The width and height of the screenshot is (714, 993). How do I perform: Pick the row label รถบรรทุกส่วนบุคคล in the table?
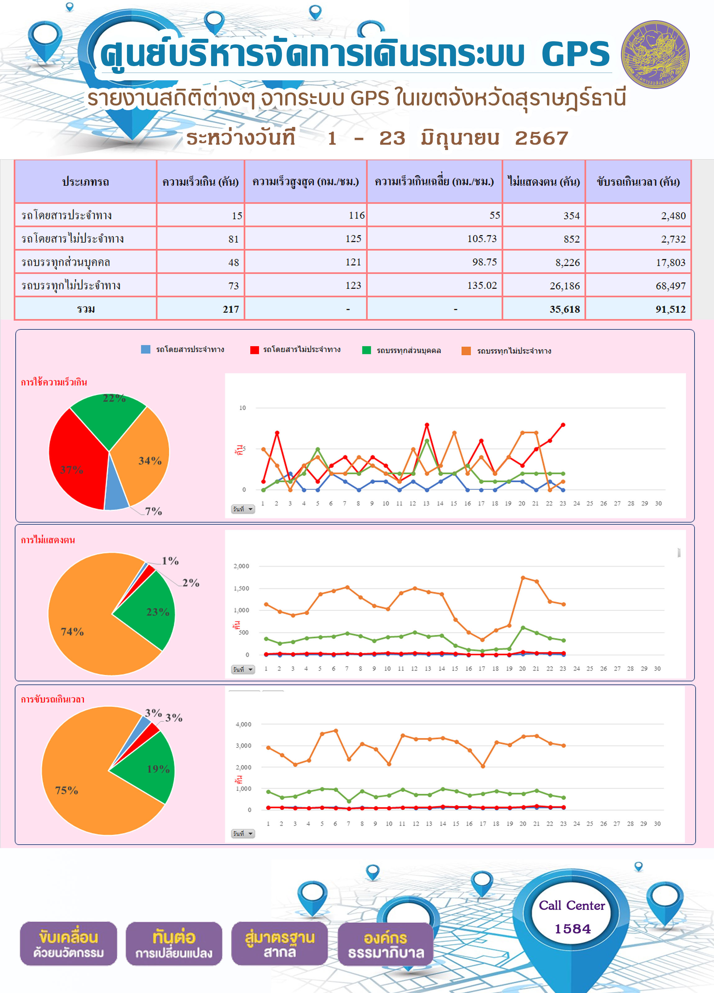click(x=66, y=262)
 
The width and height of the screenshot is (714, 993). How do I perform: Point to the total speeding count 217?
click(x=231, y=309)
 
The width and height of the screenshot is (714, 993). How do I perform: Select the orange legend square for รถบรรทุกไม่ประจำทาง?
click(x=466, y=351)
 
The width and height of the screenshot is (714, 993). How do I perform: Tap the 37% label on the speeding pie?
click(x=71, y=470)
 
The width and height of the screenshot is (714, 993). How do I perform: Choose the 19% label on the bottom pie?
click(x=158, y=769)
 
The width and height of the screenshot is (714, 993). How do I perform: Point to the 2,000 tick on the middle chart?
click(x=241, y=566)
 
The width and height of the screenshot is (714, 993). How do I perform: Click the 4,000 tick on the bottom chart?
click(x=244, y=724)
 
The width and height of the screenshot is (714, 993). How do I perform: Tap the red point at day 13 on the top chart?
click(x=427, y=425)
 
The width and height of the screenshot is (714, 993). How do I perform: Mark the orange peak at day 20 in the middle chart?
click(x=522, y=577)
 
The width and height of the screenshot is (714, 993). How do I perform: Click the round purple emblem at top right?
click(x=655, y=54)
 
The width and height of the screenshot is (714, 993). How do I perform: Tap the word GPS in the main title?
click(x=576, y=54)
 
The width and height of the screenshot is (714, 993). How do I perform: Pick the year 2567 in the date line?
click(x=541, y=138)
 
